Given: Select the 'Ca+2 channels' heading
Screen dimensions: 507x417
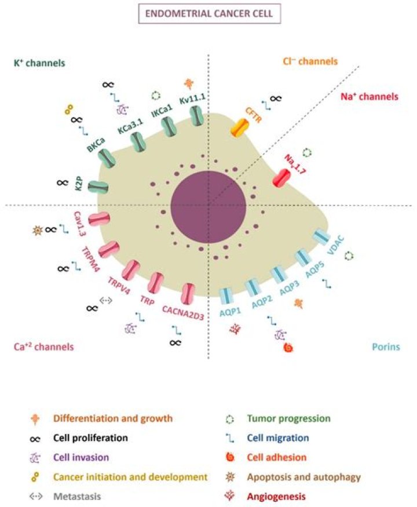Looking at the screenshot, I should coord(43,347).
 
